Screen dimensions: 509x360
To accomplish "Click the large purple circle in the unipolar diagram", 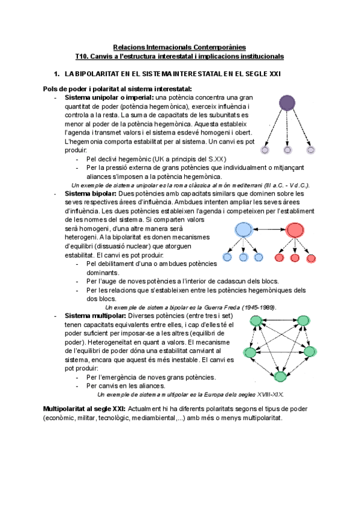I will tap(288, 103).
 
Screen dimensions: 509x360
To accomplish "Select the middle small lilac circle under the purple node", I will tap(288, 149).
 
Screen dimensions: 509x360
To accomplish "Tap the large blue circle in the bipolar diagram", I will tap(243, 229).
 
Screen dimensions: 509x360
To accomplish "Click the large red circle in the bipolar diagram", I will tap(295, 229).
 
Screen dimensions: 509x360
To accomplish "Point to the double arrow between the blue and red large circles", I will tap(269, 229).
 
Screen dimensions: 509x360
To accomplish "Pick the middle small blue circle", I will tap(243, 258).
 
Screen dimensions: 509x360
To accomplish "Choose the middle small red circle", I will tap(295, 258).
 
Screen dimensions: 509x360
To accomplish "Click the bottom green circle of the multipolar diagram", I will tap(280, 376).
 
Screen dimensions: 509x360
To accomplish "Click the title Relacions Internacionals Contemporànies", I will tap(179, 47).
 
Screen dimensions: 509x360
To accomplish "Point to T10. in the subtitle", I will tap(82, 56).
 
